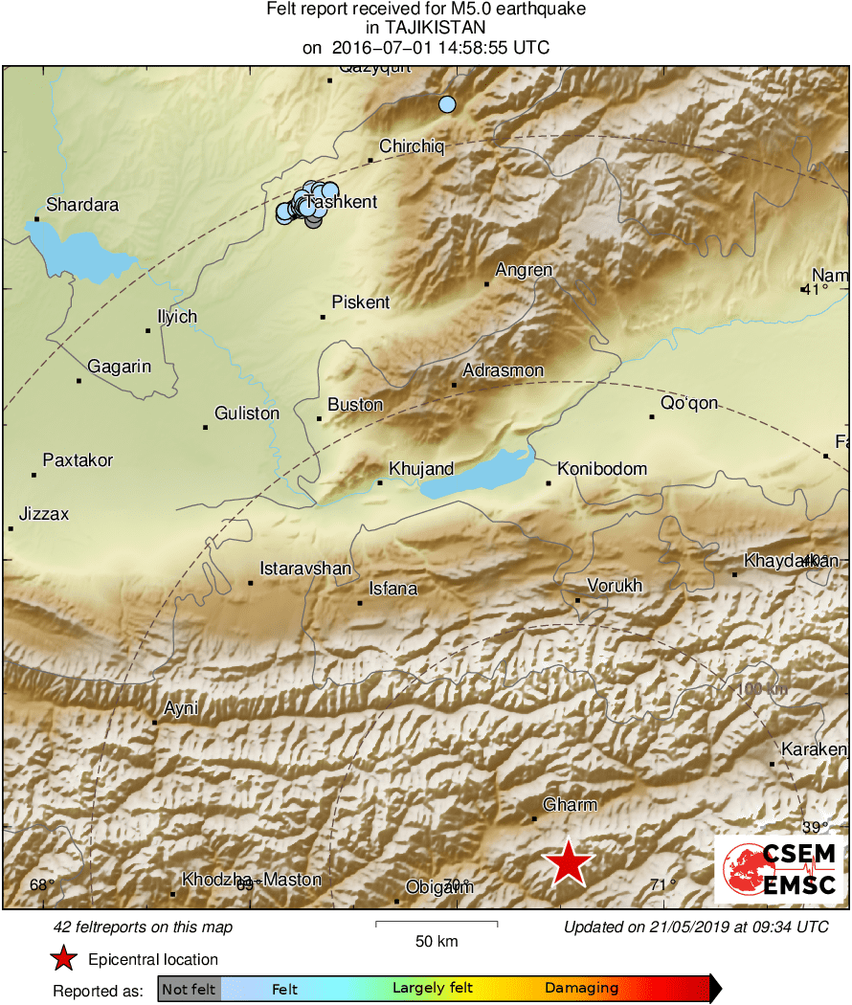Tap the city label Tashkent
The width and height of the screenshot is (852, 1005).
[342, 202]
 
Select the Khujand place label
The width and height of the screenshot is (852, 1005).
[420, 469]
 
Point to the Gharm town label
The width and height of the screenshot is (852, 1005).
[570, 805]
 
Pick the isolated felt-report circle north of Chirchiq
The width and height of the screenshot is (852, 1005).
[446, 104]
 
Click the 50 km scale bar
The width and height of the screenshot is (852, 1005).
[436, 924]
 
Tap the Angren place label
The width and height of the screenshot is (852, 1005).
[524, 270]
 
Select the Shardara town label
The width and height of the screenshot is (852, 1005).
[82, 205]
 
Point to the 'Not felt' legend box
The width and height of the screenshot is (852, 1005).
[189, 989]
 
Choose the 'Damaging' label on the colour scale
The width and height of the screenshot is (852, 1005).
[582, 989]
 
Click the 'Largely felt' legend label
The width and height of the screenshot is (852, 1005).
[432, 989]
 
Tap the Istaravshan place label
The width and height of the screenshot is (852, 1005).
[305, 569]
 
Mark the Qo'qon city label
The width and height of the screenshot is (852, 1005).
[689, 403]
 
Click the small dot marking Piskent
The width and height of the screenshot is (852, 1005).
[323, 317]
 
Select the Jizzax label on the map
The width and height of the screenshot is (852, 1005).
[45, 514]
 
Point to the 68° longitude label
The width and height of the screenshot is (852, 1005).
[38, 884]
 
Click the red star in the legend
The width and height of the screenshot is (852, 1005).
[63, 958]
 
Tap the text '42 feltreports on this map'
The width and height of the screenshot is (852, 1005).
[144, 927]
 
